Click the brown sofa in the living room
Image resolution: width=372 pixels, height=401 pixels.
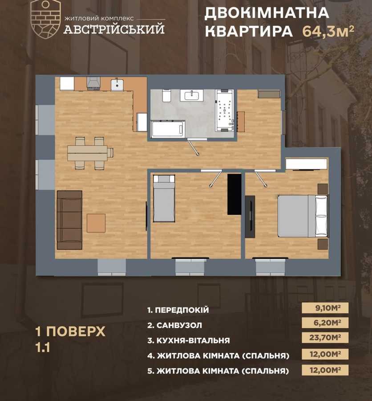[x=69, y=220]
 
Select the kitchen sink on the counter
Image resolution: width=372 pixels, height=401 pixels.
[x=117, y=83]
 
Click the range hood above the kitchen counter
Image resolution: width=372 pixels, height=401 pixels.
[x=94, y=83]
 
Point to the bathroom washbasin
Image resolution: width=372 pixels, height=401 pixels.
[x=192, y=95]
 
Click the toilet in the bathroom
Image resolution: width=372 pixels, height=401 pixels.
[x=166, y=95]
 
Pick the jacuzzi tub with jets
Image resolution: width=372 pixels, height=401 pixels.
[x=224, y=110]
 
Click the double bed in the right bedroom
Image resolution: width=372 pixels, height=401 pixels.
[x=303, y=216]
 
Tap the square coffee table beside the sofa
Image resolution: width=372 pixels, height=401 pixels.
[x=96, y=223]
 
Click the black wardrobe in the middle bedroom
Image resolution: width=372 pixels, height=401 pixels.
[x=234, y=194]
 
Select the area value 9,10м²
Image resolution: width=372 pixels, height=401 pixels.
[x=325, y=308]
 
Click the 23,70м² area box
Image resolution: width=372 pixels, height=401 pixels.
[x=325, y=338]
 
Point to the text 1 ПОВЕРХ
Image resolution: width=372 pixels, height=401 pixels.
[x=70, y=331]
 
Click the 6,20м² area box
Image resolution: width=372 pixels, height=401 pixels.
[x=325, y=323]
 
